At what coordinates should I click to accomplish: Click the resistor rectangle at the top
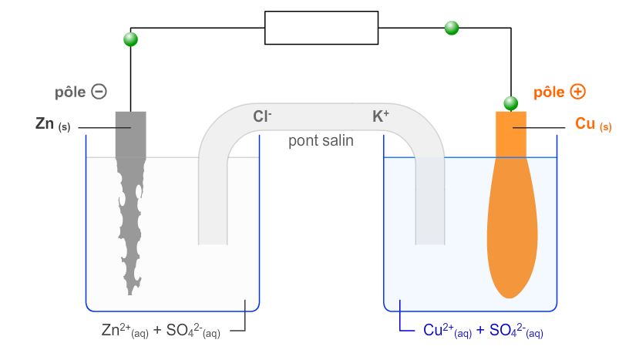(321, 28)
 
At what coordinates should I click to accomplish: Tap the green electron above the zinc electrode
(131, 39)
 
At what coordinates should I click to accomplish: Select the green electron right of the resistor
(452, 29)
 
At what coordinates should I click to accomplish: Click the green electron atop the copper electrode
(510, 103)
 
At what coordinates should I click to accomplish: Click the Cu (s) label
(593, 124)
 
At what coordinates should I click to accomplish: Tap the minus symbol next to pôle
(99, 91)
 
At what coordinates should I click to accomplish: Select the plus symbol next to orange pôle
(577, 92)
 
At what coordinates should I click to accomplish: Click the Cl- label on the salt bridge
(262, 117)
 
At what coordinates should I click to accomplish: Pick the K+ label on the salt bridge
(381, 117)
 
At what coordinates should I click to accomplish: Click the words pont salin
(321, 140)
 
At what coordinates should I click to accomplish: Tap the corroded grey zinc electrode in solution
(130, 224)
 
